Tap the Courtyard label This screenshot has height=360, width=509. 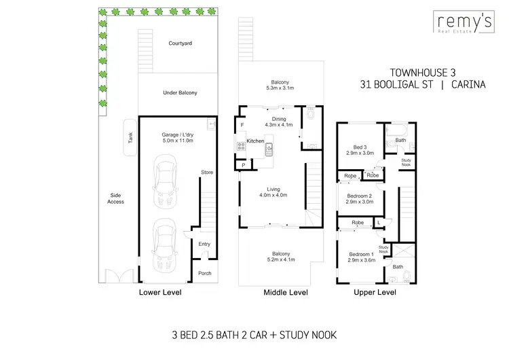click(x=180, y=43)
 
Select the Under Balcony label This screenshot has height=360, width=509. click(x=180, y=92)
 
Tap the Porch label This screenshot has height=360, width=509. click(x=204, y=274)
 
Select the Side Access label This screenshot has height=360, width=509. click(x=115, y=198)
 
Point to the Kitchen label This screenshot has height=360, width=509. click(x=255, y=141)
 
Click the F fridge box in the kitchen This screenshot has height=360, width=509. click(x=242, y=126)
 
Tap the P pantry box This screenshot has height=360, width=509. click(x=242, y=165)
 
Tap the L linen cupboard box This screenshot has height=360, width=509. click(x=378, y=223)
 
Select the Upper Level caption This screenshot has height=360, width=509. click(x=375, y=293)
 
